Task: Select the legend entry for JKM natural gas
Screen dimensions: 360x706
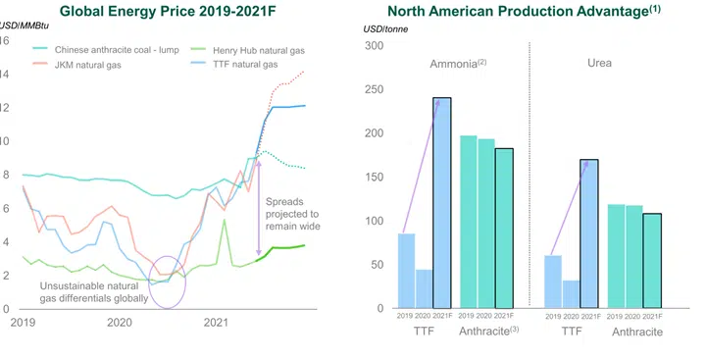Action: click(x=94, y=65)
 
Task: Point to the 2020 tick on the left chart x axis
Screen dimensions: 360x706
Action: click(x=119, y=322)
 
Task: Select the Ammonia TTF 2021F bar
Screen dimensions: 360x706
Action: click(x=442, y=203)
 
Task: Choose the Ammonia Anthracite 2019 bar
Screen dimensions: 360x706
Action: click(x=469, y=222)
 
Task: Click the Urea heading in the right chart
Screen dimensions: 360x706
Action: click(x=599, y=63)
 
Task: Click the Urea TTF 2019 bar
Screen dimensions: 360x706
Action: click(x=553, y=282)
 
